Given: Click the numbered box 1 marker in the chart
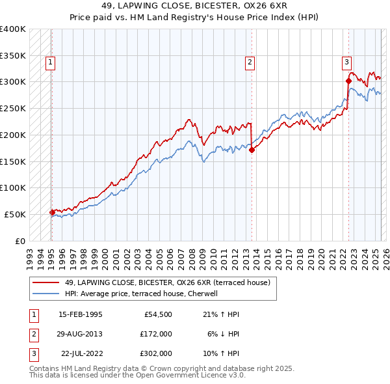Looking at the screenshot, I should coord(51,62).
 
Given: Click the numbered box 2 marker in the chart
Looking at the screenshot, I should coord(250,62).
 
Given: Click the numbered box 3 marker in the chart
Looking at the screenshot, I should coord(347,62).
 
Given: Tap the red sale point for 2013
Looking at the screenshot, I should coord(252,150).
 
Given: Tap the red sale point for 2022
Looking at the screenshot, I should coord(348,81).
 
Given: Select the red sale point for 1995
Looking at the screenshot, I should coord(52,212).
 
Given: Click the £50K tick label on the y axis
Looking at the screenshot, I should coord(15,214).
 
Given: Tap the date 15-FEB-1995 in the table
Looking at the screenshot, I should coord(81,314).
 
